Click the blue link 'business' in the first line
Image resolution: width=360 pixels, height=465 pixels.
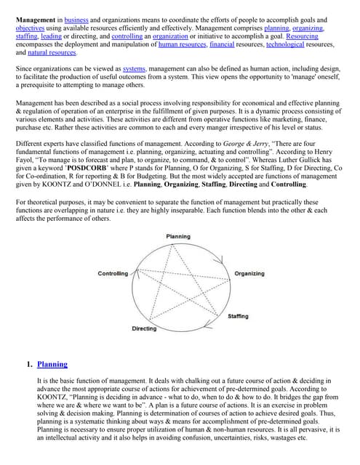coord(76,19)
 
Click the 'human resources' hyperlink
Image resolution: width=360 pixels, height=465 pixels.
coord(181,44)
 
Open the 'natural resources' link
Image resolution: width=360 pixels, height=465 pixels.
coord(52,53)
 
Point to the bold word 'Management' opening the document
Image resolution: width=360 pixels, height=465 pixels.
coord(35,19)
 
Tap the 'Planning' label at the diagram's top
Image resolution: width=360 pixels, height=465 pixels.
coord(178,237)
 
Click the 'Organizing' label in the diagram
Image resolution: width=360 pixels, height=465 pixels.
coord(249,273)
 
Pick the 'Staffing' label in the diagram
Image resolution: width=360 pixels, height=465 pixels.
coord(238,316)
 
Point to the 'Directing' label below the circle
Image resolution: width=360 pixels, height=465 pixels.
coord(144,328)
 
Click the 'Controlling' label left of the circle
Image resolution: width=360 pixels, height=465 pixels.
coord(113,273)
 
